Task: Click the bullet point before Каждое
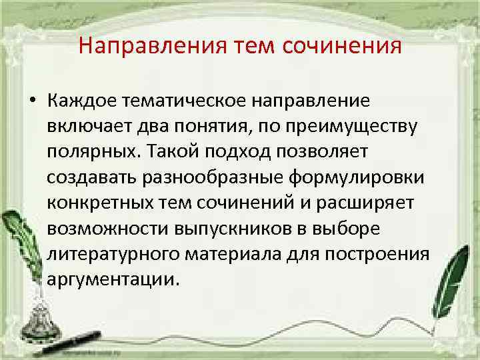tap(31, 101)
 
